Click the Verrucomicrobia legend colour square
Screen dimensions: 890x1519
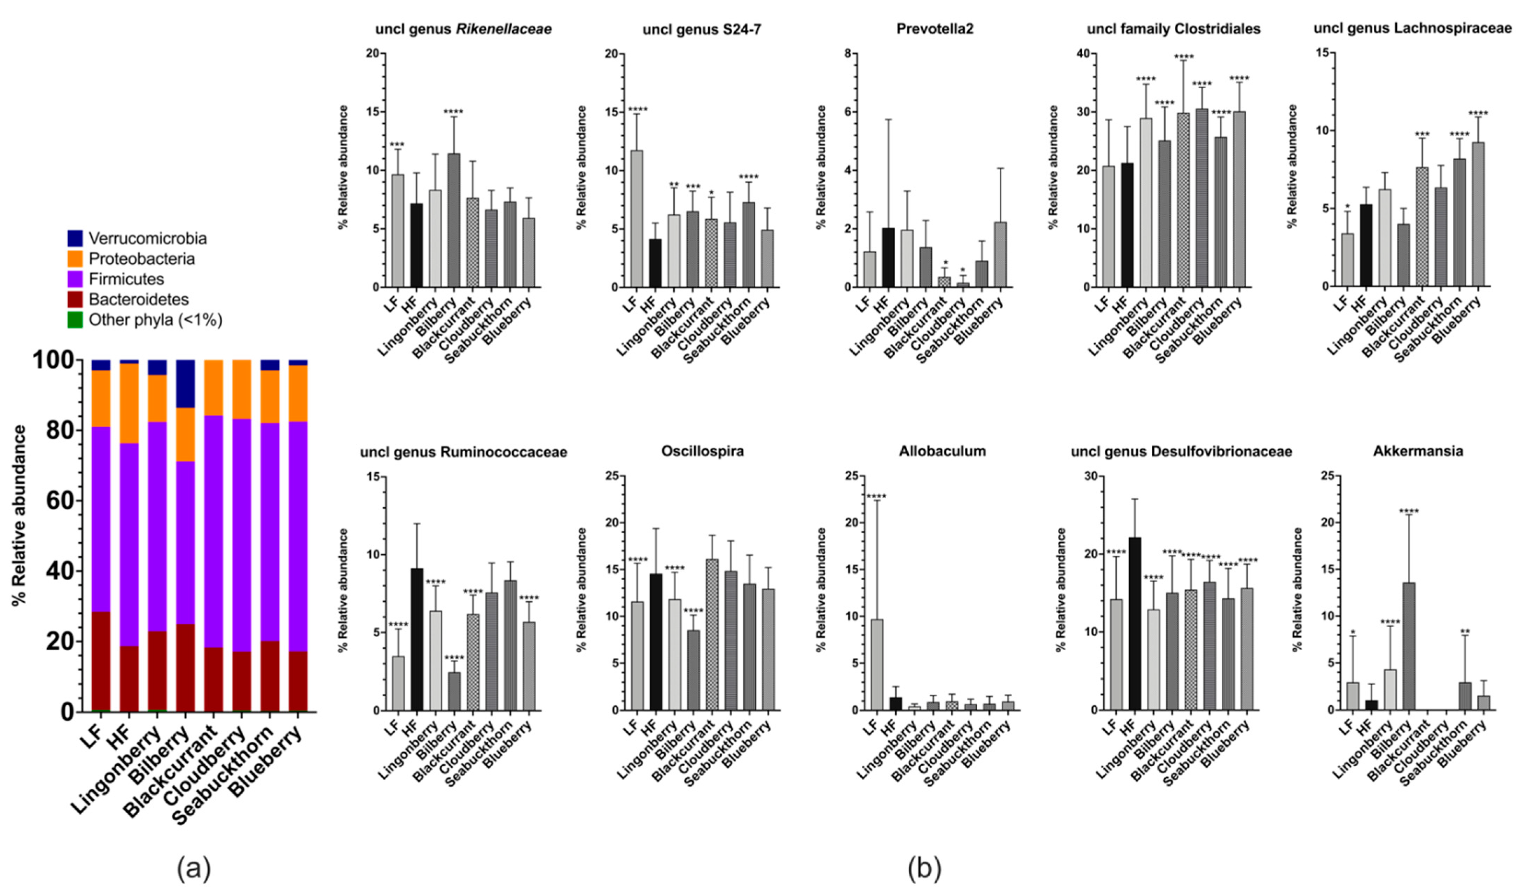click(x=75, y=238)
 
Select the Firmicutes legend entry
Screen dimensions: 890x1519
click(x=126, y=279)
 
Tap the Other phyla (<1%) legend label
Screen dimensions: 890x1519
click(x=155, y=320)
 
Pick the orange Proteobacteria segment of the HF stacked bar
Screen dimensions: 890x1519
click(x=129, y=403)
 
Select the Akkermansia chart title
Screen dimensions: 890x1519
click(x=1418, y=451)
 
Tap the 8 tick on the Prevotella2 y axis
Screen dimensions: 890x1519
click(x=847, y=54)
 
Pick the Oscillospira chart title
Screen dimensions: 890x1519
click(x=702, y=451)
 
